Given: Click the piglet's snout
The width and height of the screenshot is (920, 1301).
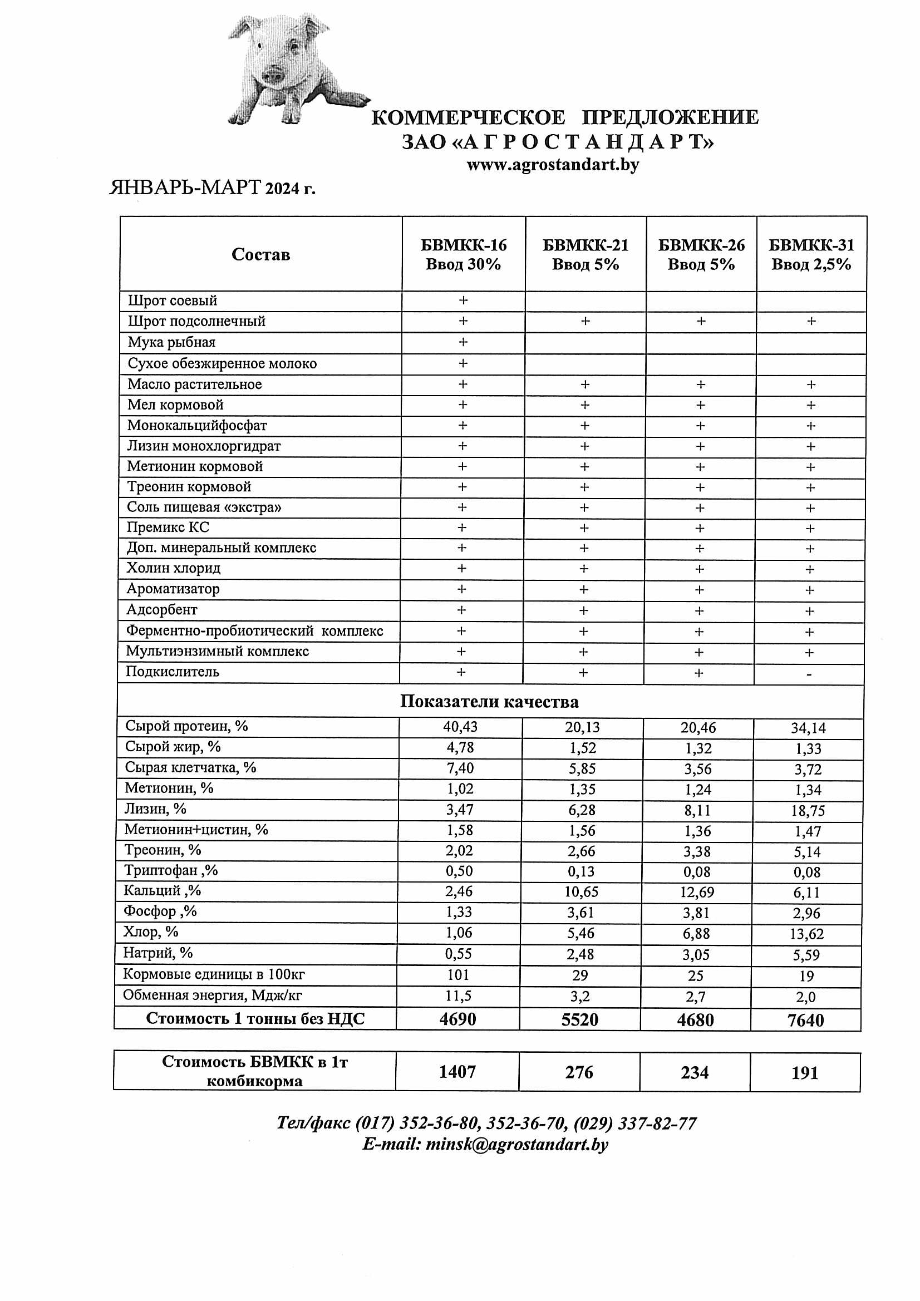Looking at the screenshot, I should click(274, 74).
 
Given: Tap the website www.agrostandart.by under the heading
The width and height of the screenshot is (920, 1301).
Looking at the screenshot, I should click(553, 165).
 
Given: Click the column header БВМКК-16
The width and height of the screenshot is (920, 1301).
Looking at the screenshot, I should click(463, 254).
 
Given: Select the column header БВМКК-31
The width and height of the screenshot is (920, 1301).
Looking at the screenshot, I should click(810, 254).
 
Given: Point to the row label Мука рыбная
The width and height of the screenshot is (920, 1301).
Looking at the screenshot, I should click(171, 342).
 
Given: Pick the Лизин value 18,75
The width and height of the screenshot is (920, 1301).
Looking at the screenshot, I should click(808, 811).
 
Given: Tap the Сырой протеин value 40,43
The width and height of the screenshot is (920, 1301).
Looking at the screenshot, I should click(460, 727).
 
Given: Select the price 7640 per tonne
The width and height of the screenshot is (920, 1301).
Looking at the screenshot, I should click(805, 1021).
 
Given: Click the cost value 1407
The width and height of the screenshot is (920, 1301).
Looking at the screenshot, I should click(457, 1072).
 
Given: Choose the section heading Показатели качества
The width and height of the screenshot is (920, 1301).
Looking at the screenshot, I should click(489, 702).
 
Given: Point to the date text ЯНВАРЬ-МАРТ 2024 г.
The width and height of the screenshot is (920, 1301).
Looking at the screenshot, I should click(212, 188).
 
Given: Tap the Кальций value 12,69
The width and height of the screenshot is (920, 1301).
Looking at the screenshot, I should click(697, 893).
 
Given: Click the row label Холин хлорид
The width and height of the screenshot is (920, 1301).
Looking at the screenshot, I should click(174, 568).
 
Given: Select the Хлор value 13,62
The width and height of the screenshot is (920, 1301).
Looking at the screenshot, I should click(806, 934).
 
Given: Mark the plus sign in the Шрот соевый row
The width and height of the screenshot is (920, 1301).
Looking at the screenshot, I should click(463, 300).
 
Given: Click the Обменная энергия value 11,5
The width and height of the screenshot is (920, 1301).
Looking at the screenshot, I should click(458, 996).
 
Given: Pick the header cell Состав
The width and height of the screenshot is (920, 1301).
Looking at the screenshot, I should click(261, 254).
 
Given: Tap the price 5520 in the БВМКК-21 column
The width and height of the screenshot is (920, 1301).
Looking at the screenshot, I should click(579, 1020).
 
